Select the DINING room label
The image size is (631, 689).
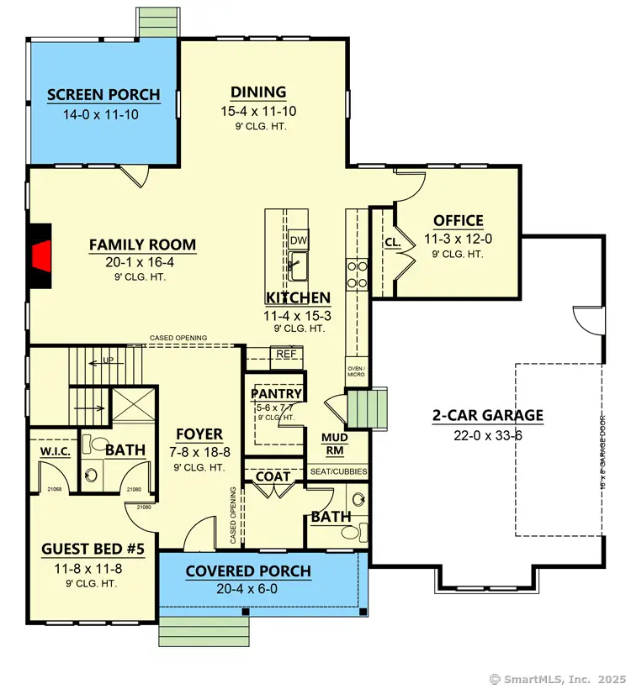click(x=258, y=92)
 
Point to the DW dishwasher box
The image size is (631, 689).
click(x=298, y=239)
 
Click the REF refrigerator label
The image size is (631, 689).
click(x=284, y=354)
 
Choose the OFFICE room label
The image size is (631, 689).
click(x=458, y=221)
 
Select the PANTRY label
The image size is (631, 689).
click(x=276, y=393)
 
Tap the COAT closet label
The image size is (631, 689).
click(x=274, y=476)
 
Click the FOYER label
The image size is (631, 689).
click(x=199, y=434)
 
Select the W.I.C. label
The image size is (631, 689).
click(x=54, y=451)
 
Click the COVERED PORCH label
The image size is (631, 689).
click(x=248, y=571)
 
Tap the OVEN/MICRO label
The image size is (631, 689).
click(x=357, y=371)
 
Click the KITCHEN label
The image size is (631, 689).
click(x=298, y=297)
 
